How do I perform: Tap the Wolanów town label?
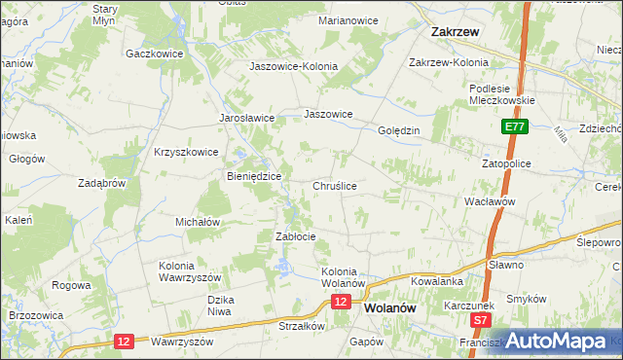coord(391,306)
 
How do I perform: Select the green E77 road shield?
coord(515,126)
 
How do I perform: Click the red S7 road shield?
coord(479,319)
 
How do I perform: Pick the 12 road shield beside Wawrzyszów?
coord(123,341)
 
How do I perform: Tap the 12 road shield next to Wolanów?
coord(340,303)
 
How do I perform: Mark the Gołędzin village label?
coord(398,130)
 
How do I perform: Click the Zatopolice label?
coord(506,163)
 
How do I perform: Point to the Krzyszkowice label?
coord(185,152)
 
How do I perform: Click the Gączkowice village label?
coord(156,54)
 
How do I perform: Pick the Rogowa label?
coord(72,285)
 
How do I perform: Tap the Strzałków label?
coord(301,327)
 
